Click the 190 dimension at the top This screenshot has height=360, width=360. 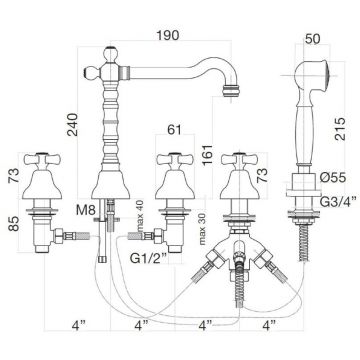pyautogui.click(x=168, y=35)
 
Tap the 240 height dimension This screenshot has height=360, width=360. pyautogui.click(x=72, y=125)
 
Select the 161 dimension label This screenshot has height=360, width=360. pyautogui.click(x=208, y=156)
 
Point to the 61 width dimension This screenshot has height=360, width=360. pyautogui.click(x=175, y=129)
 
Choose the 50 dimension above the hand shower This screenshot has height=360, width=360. pyautogui.click(x=312, y=39)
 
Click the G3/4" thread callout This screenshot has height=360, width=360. pyautogui.click(x=338, y=201)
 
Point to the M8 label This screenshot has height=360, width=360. pyautogui.click(x=86, y=210)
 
